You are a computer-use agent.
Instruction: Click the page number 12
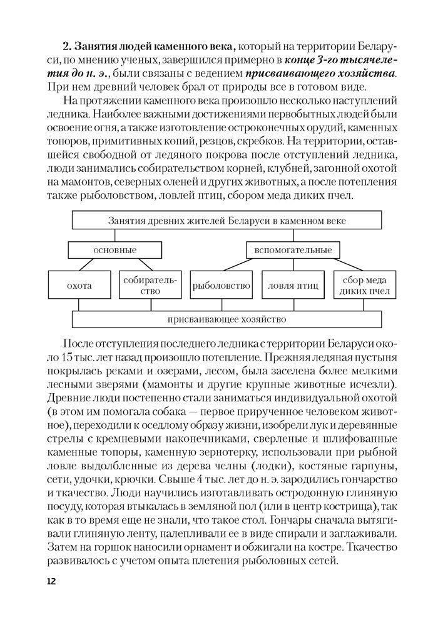pyautogui.click(x=51, y=581)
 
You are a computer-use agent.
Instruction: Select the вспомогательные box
pyautogui.click(x=288, y=250)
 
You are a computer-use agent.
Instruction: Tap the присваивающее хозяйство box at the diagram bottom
pyautogui.click(x=227, y=319)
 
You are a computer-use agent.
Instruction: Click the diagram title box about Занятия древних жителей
pyautogui.click(x=227, y=221)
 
